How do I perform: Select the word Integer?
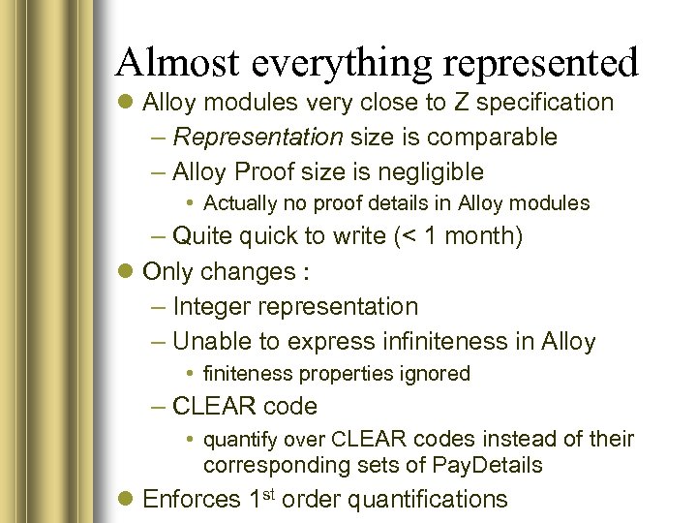click(212, 307)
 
